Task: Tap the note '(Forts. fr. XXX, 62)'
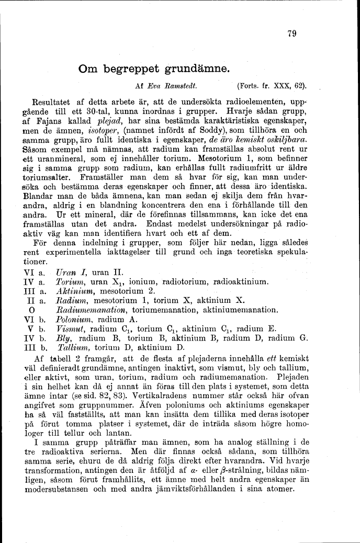pos(272,85)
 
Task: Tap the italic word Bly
pos(63,338)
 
